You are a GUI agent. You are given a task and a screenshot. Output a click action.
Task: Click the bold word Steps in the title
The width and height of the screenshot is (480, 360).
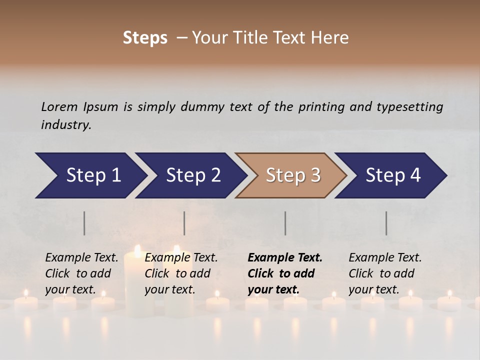[x=145, y=37]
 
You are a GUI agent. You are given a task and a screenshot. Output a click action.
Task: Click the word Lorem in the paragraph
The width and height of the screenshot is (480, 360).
[x=59, y=106]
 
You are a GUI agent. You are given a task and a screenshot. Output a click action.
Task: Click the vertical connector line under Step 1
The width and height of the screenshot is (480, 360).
[x=84, y=223]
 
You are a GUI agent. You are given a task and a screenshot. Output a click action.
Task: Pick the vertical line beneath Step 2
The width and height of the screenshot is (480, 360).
[x=184, y=223]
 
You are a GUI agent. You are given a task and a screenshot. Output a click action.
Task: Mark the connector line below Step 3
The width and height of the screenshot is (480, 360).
[x=285, y=223]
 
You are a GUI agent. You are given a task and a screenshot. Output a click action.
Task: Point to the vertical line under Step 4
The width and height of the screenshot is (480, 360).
[x=386, y=223]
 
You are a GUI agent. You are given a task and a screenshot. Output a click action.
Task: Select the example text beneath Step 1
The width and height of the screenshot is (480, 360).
[x=82, y=273]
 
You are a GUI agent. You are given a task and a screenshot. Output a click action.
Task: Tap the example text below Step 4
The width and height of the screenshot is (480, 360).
[x=385, y=273]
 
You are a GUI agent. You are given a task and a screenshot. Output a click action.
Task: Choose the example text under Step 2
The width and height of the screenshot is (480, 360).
[x=181, y=273]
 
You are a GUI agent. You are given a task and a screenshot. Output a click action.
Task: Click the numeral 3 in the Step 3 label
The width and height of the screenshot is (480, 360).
[x=315, y=175]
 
